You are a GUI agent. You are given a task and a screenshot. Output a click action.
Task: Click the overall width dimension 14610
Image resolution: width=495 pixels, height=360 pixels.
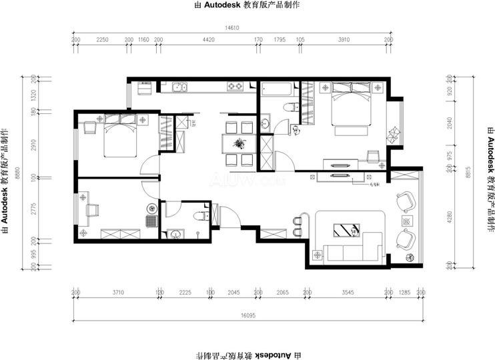coord(231,29)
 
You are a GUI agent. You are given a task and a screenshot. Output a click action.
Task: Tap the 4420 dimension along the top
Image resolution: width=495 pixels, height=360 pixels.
coord(208,40)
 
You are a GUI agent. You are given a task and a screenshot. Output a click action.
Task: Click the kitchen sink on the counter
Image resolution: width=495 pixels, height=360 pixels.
coord(179,86)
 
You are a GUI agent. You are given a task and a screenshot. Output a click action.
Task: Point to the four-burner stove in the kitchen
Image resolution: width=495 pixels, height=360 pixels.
coord(235,86)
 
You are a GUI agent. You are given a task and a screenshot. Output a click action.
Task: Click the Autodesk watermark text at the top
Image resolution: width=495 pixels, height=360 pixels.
coord(246,5)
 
